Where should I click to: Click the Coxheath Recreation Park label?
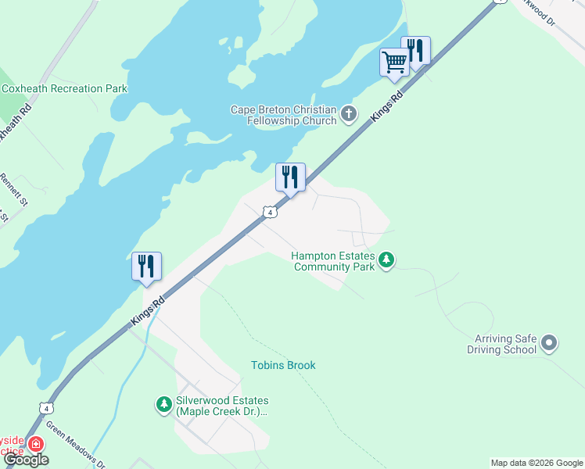[x=64, y=89]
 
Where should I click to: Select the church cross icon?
[x=349, y=116]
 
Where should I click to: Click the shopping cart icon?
[x=394, y=62]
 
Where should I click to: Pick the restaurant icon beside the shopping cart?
[x=415, y=51]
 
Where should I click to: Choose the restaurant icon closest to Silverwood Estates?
[x=146, y=267]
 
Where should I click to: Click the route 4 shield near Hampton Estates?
[x=269, y=212]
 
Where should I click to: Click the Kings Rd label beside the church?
[x=386, y=106]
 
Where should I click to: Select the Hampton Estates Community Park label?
[x=333, y=261]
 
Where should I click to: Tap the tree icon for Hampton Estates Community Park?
[x=386, y=260]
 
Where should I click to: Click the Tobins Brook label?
[x=283, y=365]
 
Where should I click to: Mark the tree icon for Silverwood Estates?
[x=163, y=404]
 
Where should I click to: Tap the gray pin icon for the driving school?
[x=549, y=343]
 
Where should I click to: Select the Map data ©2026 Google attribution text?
[x=536, y=463]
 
